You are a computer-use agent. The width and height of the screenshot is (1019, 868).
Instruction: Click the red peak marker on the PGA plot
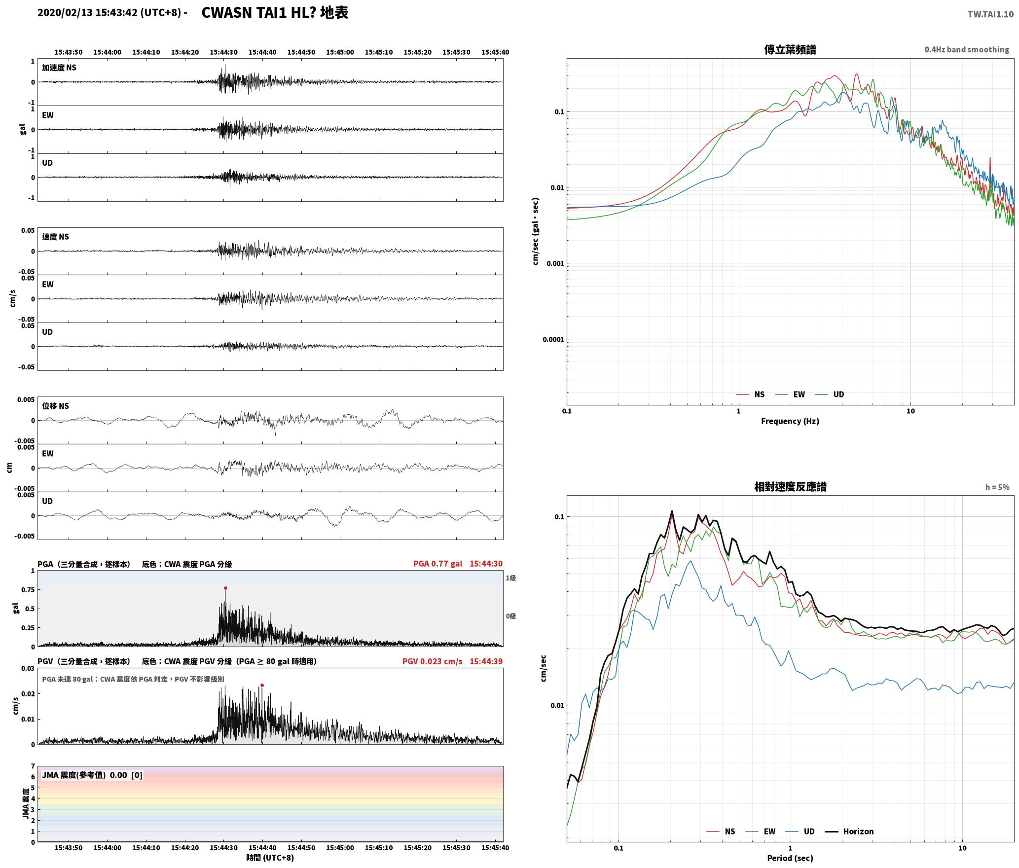[225, 588]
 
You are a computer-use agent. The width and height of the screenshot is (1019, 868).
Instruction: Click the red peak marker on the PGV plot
[262, 685]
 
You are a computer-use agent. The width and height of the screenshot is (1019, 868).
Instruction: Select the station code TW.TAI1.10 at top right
[990, 14]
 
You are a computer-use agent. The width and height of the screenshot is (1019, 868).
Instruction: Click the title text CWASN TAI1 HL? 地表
[275, 13]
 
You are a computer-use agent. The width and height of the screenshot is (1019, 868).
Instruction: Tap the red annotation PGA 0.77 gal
[437, 564]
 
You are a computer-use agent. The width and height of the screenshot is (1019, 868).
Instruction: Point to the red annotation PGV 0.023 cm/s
[432, 661]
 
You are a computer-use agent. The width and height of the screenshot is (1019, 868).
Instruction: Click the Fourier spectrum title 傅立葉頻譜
[790, 49]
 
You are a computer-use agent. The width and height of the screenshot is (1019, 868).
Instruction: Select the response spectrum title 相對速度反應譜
[790, 487]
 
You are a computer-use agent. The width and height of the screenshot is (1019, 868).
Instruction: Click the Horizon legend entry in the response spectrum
[850, 831]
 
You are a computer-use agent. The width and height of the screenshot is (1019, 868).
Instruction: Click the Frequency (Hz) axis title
[790, 421]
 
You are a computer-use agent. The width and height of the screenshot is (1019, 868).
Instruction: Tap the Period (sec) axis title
[790, 858]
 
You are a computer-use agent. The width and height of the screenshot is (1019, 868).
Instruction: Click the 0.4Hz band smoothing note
[967, 49]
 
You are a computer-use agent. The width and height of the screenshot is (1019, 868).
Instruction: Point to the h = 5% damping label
[997, 487]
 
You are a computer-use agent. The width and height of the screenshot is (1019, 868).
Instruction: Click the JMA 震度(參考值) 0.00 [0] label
[92, 775]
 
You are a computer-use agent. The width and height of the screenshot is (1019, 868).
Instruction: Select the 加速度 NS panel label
[59, 68]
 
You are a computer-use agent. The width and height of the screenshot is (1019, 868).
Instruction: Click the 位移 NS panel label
[56, 406]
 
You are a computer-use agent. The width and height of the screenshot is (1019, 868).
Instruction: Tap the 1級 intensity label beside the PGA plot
[510, 578]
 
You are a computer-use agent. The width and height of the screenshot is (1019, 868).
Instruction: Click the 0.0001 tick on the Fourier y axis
[553, 339]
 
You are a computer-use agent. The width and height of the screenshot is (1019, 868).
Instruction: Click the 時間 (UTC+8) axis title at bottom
[270, 858]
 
